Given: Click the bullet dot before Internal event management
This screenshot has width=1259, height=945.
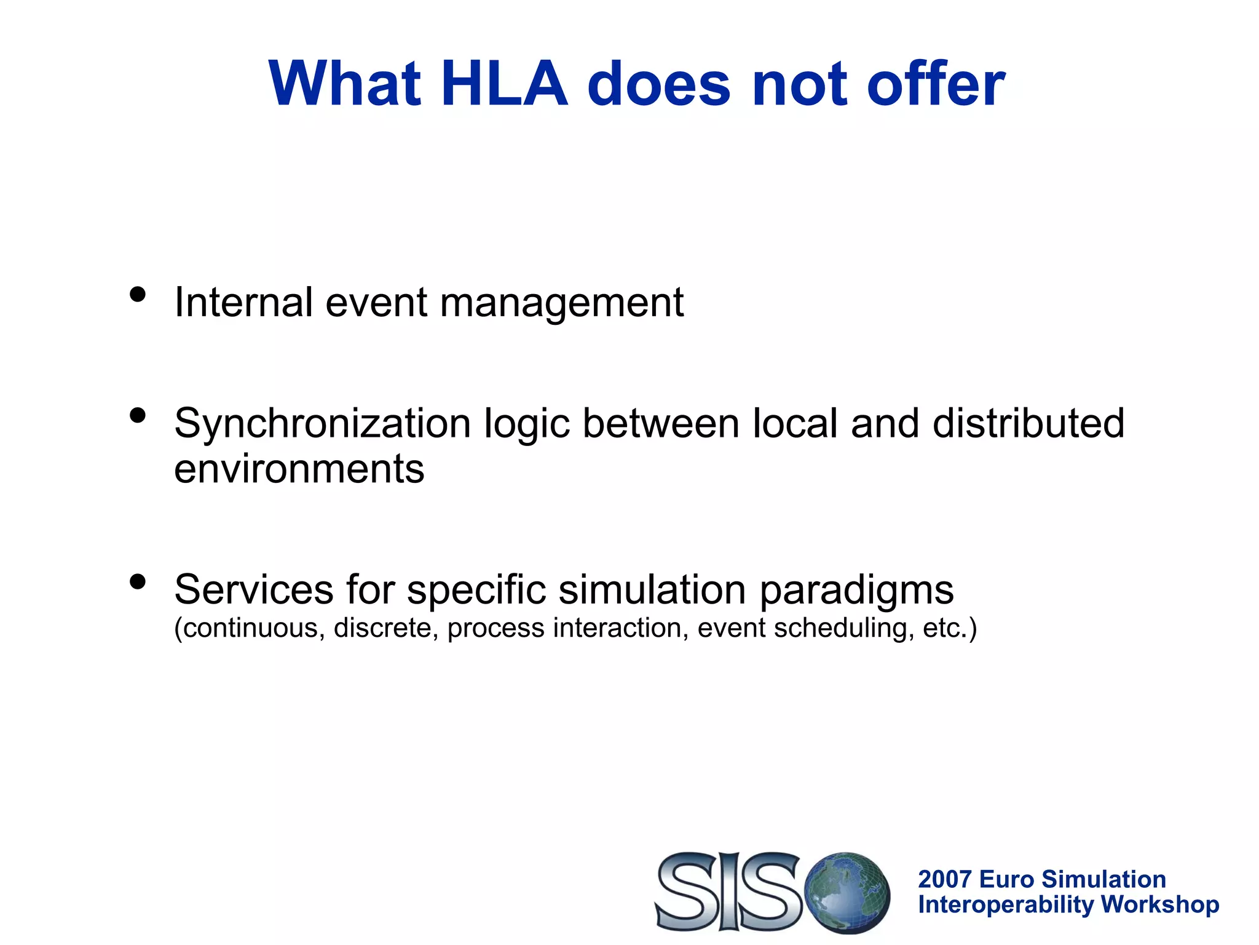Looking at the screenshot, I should pos(138,295).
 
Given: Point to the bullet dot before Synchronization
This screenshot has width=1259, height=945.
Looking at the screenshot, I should pos(138,416).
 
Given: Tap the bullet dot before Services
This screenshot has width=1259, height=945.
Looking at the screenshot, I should pos(138,581).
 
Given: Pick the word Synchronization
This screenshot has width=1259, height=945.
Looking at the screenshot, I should pos(322,425).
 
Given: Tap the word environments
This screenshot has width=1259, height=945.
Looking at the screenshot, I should pos(299,469).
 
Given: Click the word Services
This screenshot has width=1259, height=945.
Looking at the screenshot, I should pos(253,589).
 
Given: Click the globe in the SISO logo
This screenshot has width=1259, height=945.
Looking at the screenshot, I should pos(847,892).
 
